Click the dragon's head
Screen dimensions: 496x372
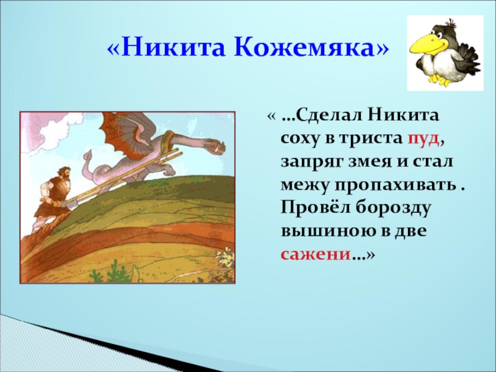217,147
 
